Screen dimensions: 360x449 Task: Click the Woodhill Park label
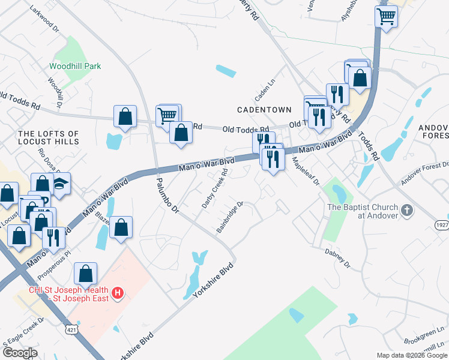click(x=75, y=66)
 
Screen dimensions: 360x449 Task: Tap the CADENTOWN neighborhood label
click(x=264, y=110)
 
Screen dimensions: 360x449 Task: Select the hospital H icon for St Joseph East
click(x=118, y=293)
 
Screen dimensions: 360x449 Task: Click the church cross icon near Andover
click(x=408, y=211)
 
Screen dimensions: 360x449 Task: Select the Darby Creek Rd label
click(x=215, y=188)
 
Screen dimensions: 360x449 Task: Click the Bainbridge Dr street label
click(x=230, y=217)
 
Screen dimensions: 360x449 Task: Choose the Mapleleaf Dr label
click(x=306, y=171)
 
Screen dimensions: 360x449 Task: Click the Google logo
click(x=20, y=353)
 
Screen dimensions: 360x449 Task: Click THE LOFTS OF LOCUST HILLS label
click(x=49, y=137)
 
